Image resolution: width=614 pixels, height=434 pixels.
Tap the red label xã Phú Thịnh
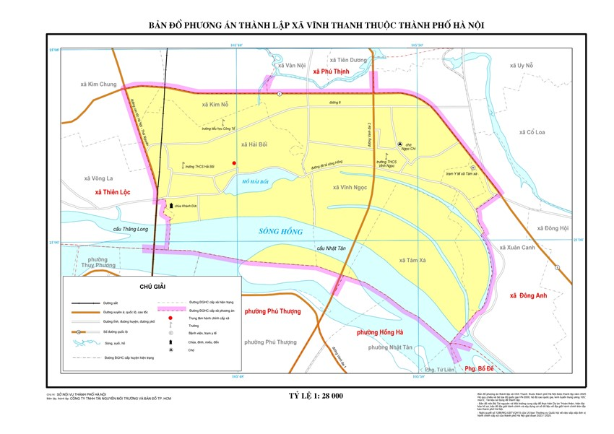(x=331, y=72)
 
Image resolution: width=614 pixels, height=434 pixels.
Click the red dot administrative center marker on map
(x=233, y=163)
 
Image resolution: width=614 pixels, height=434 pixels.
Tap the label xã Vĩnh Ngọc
(x=350, y=188)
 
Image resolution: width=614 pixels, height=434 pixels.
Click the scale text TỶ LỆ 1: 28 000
(x=316, y=396)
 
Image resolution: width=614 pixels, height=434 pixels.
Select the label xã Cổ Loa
(x=531, y=132)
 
